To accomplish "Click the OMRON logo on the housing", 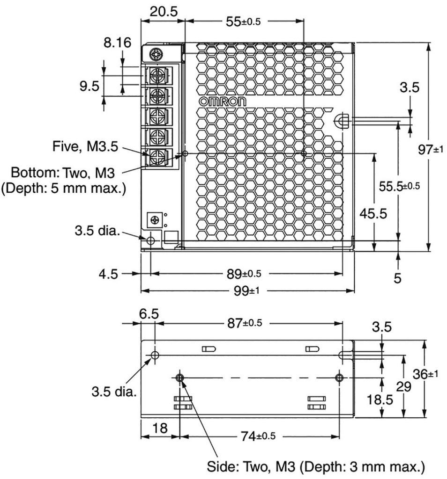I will click(x=219, y=102).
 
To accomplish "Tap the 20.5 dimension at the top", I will click(x=164, y=11).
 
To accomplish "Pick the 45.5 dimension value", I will click(x=373, y=213).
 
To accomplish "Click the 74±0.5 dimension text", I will click(x=258, y=437).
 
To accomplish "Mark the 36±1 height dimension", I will click(x=427, y=374).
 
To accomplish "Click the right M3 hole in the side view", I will click(x=340, y=377).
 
